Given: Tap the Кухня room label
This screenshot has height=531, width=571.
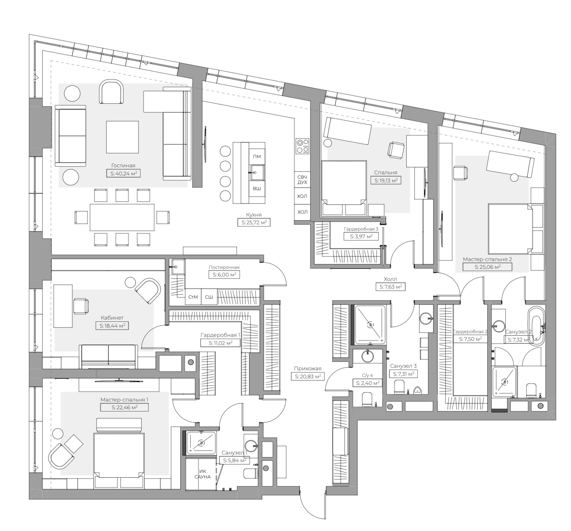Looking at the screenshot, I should point(254,215).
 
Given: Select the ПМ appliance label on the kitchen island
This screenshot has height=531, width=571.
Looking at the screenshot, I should point(257,156).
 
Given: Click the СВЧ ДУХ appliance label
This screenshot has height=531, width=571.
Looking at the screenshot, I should point(302,179).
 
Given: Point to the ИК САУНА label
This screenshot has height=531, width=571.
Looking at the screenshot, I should point(202,474).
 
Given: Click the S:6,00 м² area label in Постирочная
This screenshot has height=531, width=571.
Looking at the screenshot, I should point(224,275).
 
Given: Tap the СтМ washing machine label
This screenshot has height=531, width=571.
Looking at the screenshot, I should point(193,297).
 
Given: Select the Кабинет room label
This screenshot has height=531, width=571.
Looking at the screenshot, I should point(112,318).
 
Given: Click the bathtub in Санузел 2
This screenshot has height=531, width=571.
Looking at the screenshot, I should point(536,326).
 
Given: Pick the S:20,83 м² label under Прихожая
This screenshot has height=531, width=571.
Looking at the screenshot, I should point(307,376).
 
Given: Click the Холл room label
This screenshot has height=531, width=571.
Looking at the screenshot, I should point(390,279).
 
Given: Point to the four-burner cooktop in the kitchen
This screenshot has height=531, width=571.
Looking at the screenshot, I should point(302,146).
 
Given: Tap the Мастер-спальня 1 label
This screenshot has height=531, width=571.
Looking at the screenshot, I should point(124,399).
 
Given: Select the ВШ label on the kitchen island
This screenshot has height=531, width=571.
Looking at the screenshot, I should point(257,188).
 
